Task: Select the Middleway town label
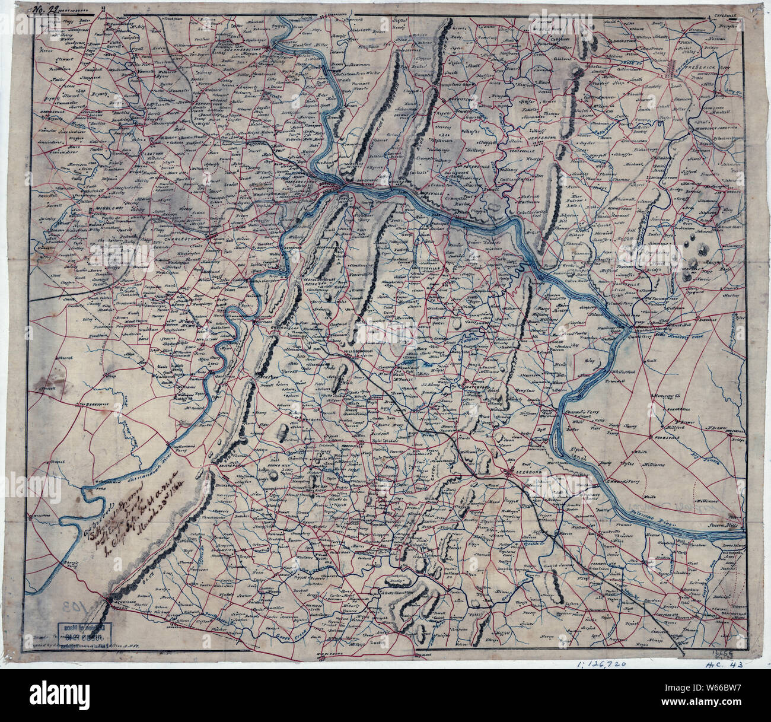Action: click(102, 210)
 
